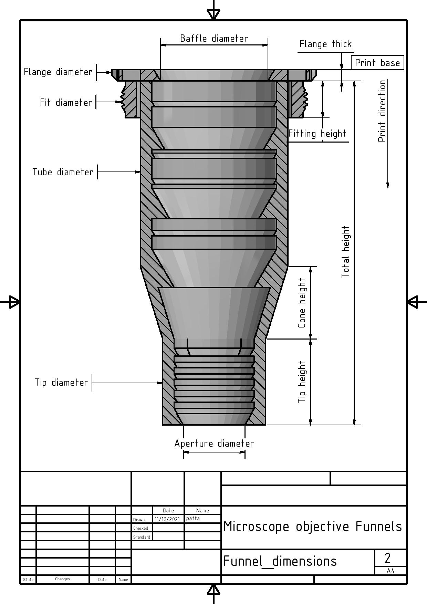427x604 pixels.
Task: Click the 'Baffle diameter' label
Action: coord(214,38)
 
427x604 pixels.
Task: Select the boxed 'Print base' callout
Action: coord(377,63)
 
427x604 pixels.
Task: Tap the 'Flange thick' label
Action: coord(325,44)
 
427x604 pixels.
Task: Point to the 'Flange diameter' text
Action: coord(58,72)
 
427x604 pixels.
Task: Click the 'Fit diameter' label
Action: coord(66,103)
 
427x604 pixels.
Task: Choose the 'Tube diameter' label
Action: coord(63,172)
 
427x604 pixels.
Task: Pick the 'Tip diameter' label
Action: coord(61,383)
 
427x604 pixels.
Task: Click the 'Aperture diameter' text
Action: coord(214,444)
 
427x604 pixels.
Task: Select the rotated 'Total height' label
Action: coord(345,252)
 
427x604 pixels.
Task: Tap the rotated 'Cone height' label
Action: coord(302,303)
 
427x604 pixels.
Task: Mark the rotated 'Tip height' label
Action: coord(302,382)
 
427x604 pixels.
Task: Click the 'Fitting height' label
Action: coord(317,134)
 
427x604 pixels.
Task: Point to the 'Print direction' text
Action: coord(382,111)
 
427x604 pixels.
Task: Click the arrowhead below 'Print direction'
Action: coord(388,185)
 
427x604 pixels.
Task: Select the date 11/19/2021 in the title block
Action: coord(167,519)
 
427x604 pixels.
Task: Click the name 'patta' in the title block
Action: coord(192,518)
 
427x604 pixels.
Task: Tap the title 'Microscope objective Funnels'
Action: coord(312,526)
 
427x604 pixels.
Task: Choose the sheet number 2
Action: coord(388,558)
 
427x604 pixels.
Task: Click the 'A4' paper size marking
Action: coord(390,571)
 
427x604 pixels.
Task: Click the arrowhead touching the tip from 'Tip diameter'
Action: coord(160,383)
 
